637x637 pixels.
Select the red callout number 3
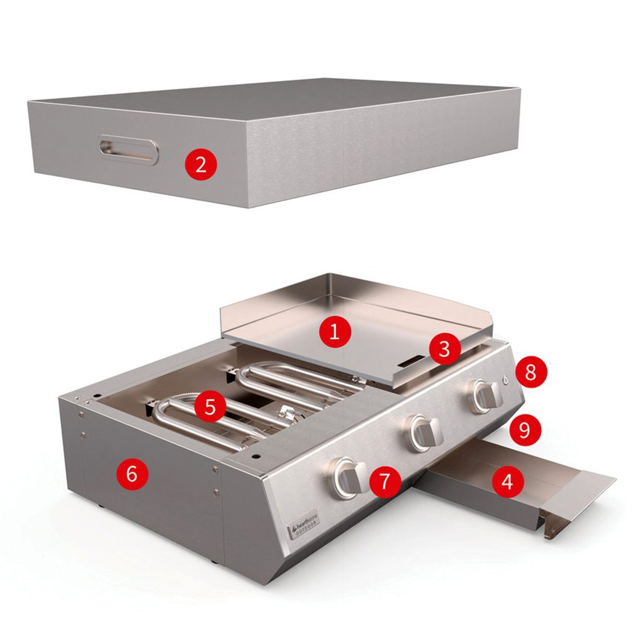coord(444,350)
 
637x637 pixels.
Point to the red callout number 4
coord(507,482)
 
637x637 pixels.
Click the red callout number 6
coord(132,474)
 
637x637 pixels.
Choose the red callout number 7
coord(385,482)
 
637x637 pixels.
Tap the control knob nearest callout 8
coord(487,396)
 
